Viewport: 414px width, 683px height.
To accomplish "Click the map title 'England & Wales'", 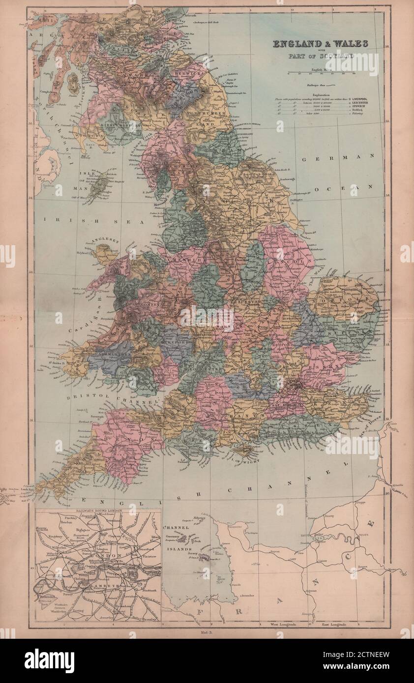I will tap(320, 44).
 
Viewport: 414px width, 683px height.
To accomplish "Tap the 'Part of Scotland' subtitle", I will tap(321, 56).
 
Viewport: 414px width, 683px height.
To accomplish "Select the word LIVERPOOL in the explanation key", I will tap(365, 99).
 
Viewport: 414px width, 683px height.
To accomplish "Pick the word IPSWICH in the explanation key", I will tap(363, 109).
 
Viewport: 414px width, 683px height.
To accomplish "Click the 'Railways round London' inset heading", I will tap(98, 512).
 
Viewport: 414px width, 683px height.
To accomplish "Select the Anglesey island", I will tap(105, 253).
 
